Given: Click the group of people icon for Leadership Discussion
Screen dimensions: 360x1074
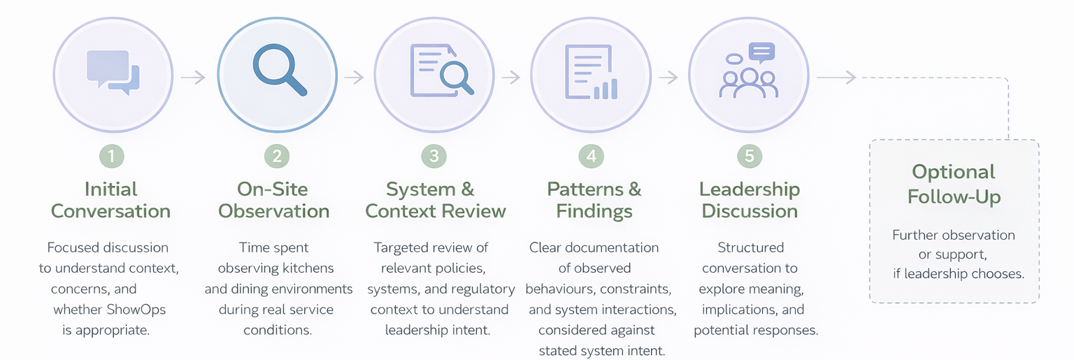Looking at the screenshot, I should coord(748,72).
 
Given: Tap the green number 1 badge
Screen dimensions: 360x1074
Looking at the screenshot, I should coord(111,156).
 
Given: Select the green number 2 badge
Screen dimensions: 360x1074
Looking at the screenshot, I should coord(277,156).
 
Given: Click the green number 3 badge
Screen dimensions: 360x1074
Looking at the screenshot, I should coord(434,156).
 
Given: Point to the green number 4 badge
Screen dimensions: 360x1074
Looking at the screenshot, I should coord(592,156).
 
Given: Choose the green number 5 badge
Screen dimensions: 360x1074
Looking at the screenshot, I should coord(749,156).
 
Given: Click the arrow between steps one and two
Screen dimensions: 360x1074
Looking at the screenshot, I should coord(193,77).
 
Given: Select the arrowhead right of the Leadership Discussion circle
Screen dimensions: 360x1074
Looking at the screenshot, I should coord(850,77).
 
